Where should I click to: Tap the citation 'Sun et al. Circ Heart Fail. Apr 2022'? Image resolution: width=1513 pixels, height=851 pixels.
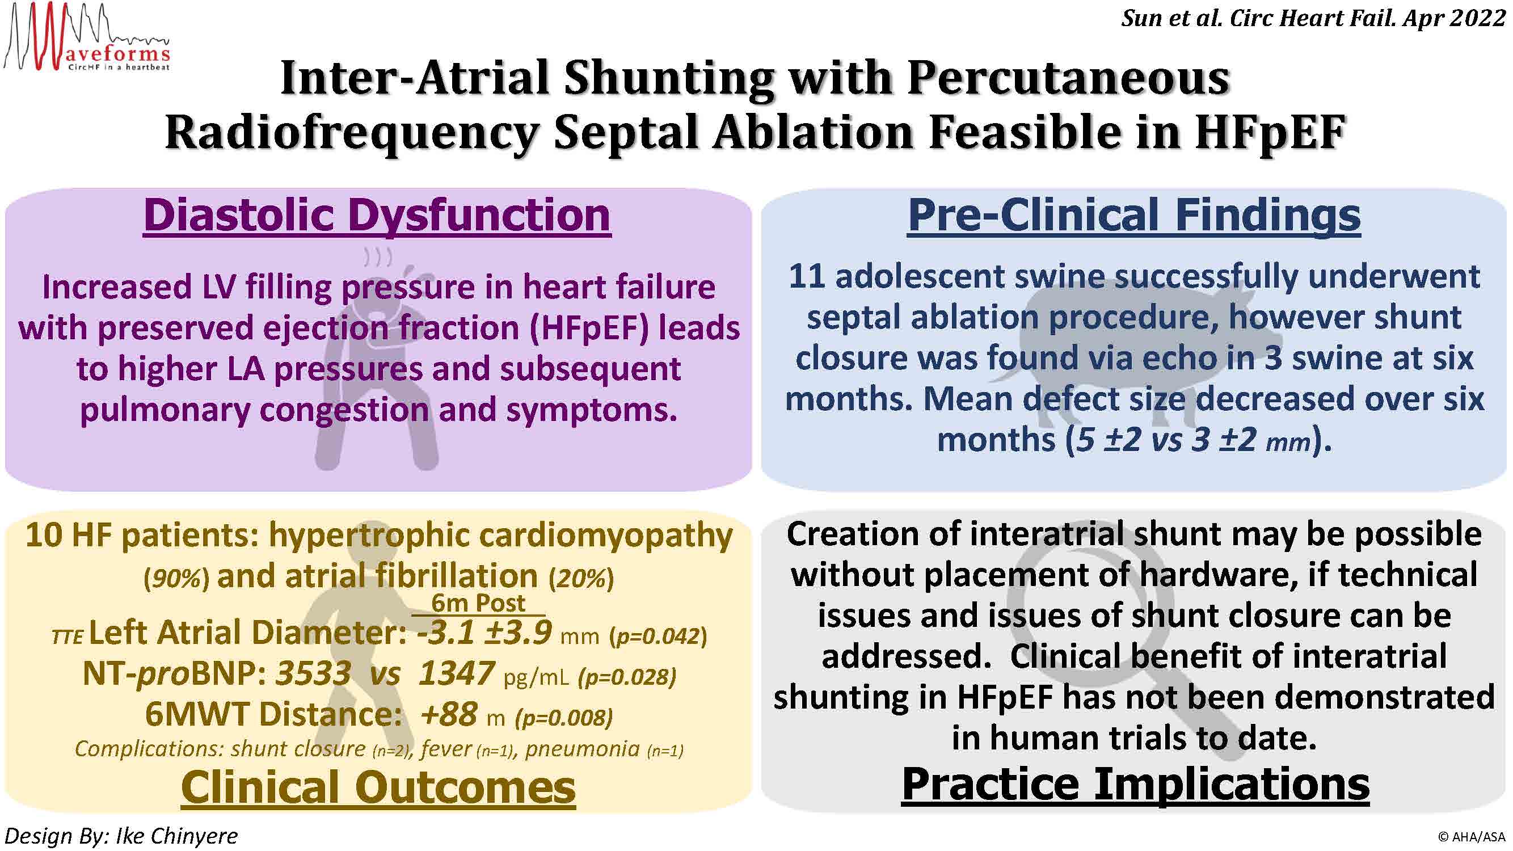point(1313,18)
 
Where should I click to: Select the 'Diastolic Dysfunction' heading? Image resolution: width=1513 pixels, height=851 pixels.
point(377,216)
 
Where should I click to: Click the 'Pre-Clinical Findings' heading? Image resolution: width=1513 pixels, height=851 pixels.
point(1133,216)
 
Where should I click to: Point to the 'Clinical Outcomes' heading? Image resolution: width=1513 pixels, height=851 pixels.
point(378,787)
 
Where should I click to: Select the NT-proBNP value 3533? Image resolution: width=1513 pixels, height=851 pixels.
point(314,673)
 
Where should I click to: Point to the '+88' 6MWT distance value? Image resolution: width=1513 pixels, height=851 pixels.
point(449,714)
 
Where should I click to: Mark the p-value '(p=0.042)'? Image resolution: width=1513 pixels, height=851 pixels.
point(659,636)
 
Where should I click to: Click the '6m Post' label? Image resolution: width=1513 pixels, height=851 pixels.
point(478,603)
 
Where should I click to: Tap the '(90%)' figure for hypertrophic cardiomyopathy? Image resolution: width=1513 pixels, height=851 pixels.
point(176,579)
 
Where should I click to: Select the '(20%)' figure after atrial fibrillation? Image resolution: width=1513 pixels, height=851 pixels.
point(581,579)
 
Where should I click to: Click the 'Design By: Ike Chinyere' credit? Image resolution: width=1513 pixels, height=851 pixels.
point(121,836)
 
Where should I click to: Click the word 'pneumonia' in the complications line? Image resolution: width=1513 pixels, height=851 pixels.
point(582,749)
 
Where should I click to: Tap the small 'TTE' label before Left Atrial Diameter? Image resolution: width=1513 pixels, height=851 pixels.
point(67,637)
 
